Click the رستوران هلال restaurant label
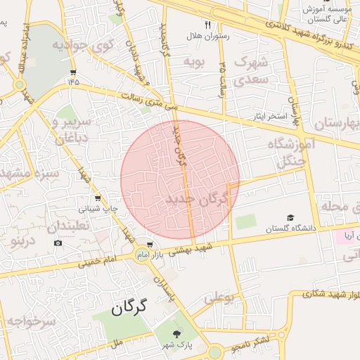[204, 35]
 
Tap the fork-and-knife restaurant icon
[207, 25]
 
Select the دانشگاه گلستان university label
[291, 229]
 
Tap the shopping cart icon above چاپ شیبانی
[97, 198]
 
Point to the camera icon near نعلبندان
[58, 243]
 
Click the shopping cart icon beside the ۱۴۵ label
[73, 72]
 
